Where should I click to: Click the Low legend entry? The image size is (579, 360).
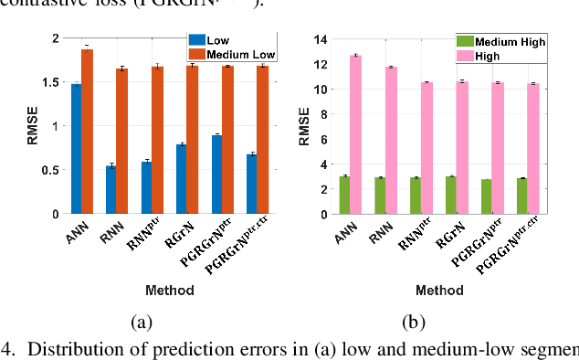(213, 40)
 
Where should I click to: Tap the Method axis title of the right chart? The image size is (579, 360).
(438, 290)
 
